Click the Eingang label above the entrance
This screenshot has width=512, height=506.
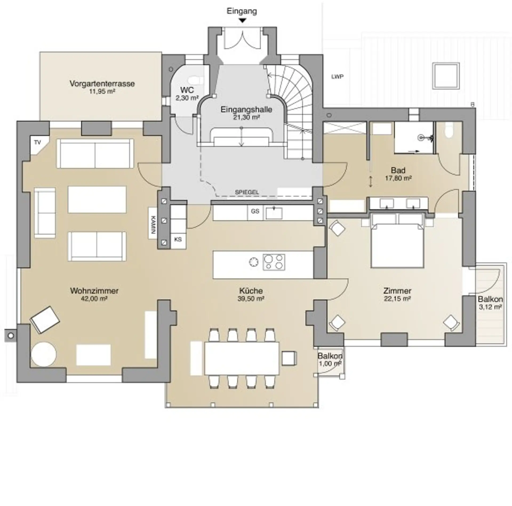242,11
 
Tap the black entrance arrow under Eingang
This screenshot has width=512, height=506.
242,21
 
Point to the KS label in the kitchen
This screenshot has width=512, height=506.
178,239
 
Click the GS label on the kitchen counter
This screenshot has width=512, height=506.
255,211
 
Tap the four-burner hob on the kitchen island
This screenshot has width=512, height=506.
274,262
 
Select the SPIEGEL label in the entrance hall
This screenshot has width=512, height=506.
247,192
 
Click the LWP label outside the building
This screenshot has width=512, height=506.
337,77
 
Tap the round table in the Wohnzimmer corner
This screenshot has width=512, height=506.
44,354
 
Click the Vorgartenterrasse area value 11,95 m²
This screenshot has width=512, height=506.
102,92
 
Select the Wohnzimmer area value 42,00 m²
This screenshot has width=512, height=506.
94,299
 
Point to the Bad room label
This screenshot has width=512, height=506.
398,170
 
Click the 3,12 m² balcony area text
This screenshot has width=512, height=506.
490,307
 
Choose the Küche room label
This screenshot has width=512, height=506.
251,291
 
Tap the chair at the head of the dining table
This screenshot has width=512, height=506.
289,358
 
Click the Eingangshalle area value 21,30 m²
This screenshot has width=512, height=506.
246,117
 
